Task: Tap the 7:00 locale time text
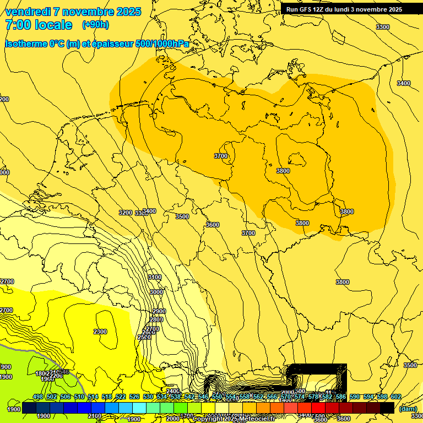pyautogui.click(x=39, y=25)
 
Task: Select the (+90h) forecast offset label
pyautogui.click(x=95, y=25)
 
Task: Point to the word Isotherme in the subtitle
pyautogui.click(x=26, y=44)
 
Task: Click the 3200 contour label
pyautogui.click(x=126, y=213)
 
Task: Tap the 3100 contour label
pyautogui.click(x=155, y=277)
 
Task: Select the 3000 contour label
pyautogui.click(x=156, y=292)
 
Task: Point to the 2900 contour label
pyautogui.click(x=159, y=312)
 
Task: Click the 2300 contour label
pyautogui.click(x=100, y=332)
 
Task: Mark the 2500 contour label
pyautogui.click(x=144, y=337)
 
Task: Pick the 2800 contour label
pyautogui.click(x=156, y=319)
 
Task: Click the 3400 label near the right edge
pyautogui.click(x=404, y=83)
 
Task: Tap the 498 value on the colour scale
pyautogui.click(x=38, y=397)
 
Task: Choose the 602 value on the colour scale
pyautogui.click(x=396, y=397)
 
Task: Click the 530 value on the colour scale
pyautogui.click(x=148, y=397)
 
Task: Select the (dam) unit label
pyautogui.click(x=408, y=409)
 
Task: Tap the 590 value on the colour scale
pyautogui.click(x=355, y=397)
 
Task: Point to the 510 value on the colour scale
pyautogui.click(x=79, y=397)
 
